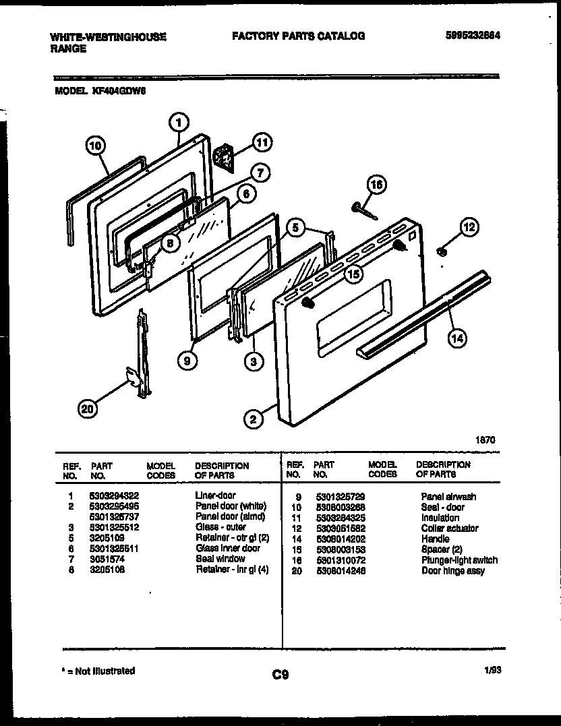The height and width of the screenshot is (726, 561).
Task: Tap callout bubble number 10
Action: pyautogui.click(x=96, y=144)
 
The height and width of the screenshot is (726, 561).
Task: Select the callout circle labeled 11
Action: pyautogui.click(x=262, y=142)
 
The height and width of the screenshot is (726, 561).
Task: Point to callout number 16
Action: pyautogui.click(x=377, y=185)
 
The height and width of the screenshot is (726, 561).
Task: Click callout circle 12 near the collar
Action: pyautogui.click(x=469, y=227)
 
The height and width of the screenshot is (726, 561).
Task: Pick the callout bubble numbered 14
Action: pyautogui.click(x=457, y=339)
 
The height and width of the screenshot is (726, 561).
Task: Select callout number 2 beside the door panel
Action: pyautogui.click(x=253, y=420)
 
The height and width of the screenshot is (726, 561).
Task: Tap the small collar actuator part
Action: pyautogui.click(x=442, y=251)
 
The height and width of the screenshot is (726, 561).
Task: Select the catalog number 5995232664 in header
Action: pyautogui.click(x=474, y=36)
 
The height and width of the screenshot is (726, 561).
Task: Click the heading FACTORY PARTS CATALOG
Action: pyautogui.click(x=298, y=36)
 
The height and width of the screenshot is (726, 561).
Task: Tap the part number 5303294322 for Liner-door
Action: pyautogui.click(x=114, y=495)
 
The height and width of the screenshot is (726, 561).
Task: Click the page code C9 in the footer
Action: pyautogui.click(x=280, y=674)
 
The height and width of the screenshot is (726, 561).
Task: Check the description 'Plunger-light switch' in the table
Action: pyautogui.click(x=459, y=560)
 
